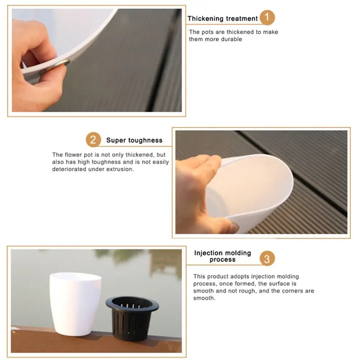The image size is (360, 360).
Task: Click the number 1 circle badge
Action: (x=267, y=18)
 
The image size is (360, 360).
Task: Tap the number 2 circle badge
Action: (x=93, y=140)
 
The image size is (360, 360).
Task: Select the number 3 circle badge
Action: (x=267, y=258)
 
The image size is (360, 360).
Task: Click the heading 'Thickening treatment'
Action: (x=222, y=18)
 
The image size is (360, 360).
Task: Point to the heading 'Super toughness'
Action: (x=134, y=140)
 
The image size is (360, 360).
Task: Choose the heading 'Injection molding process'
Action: (x=222, y=256)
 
